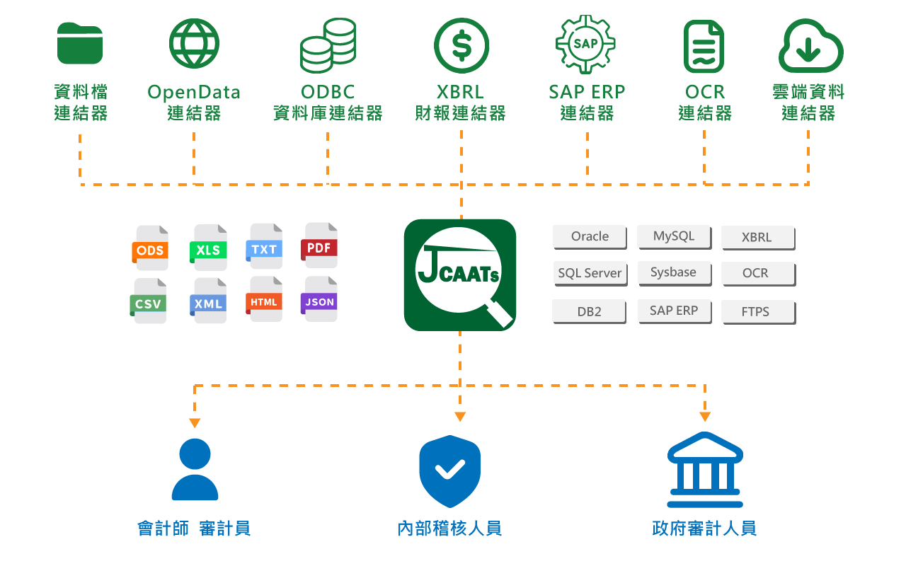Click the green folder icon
(x=80, y=44)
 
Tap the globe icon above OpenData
(x=194, y=44)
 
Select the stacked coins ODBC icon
(x=328, y=46)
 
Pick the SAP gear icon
(x=585, y=45)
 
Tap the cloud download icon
(x=810, y=46)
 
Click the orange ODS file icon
(x=151, y=248)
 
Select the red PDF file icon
(x=320, y=246)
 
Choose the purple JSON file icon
(x=320, y=300)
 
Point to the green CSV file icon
(x=149, y=301)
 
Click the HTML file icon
(x=265, y=300)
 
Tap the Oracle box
(x=590, y=236)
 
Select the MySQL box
(x=673, y=236)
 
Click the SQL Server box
(x=590, y=273)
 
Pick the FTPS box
(x=757, y=311)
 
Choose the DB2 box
(x=589, y=311)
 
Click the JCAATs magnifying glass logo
(x=460, y=275)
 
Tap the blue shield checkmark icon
(x=449, y=470)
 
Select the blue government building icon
(x=705, y=470)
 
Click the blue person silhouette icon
(x=195, y=469)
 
